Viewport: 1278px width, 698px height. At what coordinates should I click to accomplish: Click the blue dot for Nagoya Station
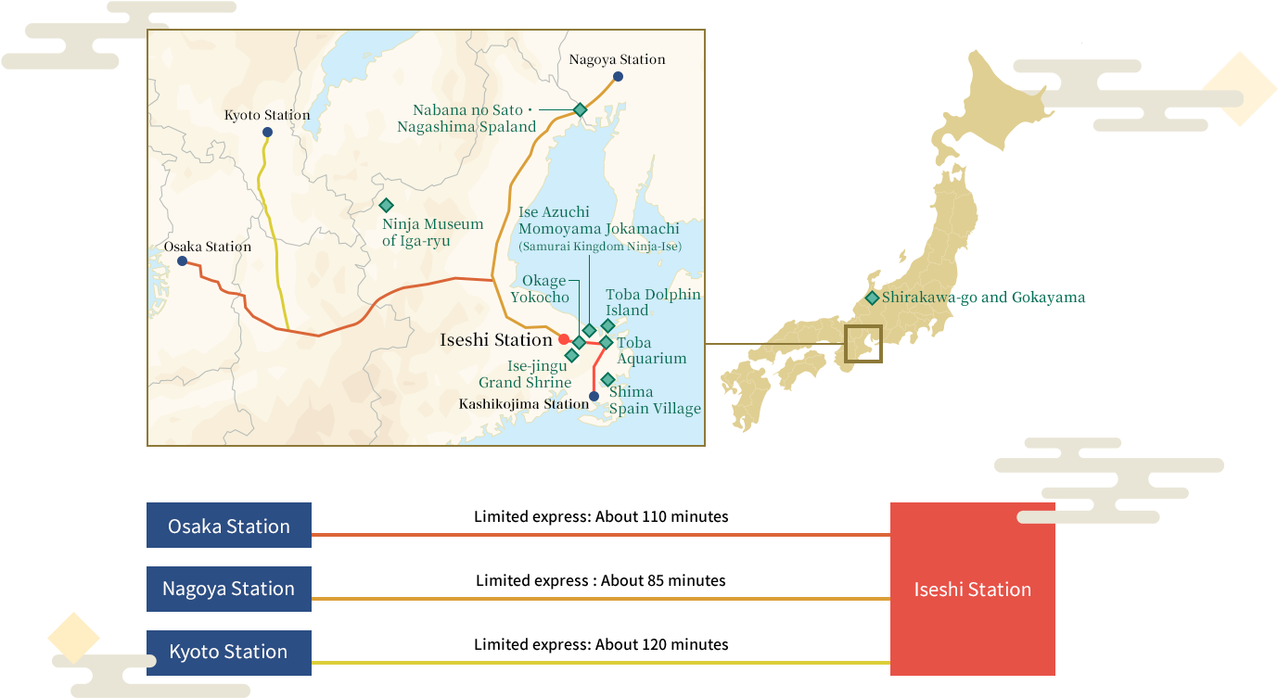click(x=618, y=77)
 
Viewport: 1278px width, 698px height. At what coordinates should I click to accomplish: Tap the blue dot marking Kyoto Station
click(x=267, y=133)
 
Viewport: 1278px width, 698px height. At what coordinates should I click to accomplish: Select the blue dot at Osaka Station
click(x=183, y=261)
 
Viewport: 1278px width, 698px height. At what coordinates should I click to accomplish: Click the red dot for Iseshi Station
click(x=564, y=339)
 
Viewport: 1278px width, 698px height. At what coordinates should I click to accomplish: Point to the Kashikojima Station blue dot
click(x=594, y=396)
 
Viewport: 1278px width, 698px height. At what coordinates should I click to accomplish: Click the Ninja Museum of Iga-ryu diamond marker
click(x=386, y=205)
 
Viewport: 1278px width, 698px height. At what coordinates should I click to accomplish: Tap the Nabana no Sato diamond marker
click(x=580, y=109)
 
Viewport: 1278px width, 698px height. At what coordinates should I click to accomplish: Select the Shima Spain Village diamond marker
click(x=607, y=379)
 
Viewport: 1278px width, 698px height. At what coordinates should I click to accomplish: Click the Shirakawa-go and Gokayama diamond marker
click(x=873, y=298)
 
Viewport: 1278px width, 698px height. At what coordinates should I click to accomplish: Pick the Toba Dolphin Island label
click(x=653, y=302)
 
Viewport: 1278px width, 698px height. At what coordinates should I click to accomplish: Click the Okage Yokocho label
click(x=542, y=288)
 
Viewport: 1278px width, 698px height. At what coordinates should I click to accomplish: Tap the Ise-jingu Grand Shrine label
click(x=525, y=374)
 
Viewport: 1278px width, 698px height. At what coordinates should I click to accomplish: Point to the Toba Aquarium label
click(x=651, y=350)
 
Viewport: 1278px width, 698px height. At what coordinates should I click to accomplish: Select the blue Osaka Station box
click(x=229, y=526)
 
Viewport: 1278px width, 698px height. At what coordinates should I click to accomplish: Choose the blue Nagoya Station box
click(x=229, y=589)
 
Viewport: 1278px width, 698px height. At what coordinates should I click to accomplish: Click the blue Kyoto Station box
click(x=229, y=652)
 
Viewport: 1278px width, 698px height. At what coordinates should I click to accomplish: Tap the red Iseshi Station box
click(x=972, y=589)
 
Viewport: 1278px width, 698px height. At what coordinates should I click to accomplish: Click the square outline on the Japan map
click(x=863, y=343)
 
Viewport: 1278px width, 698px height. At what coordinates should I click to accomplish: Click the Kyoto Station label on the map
click(x=267, y=115)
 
